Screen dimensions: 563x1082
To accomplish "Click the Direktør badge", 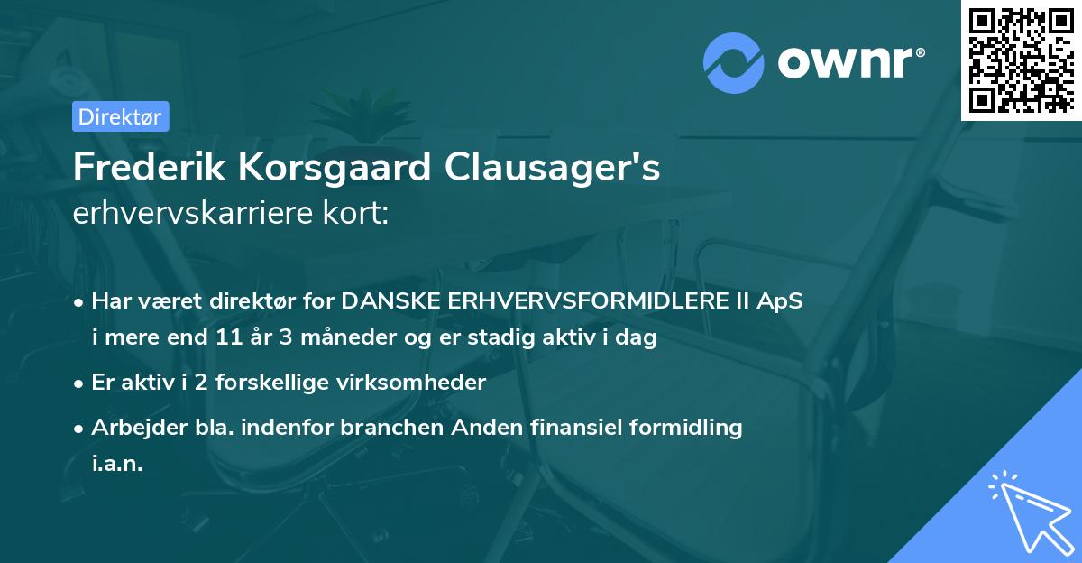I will pos(120,116).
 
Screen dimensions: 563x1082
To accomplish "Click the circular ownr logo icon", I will pos(733,63).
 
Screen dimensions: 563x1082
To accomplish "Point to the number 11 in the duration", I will pos(226,338).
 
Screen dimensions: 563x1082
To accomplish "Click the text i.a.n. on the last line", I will pos(117,463).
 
